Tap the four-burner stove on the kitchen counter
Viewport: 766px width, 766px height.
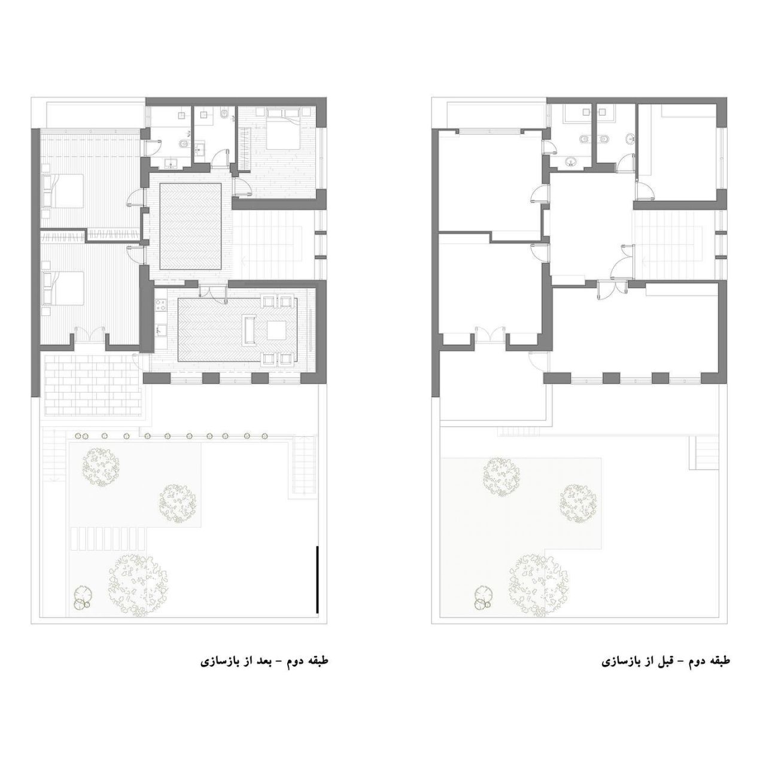pyautogui.click(x=161, y=305)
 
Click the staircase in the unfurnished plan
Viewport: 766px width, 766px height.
pyautogui.click(x=673, y=244)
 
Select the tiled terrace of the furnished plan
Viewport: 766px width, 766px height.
pyautogui.click(x=93, y=384)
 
